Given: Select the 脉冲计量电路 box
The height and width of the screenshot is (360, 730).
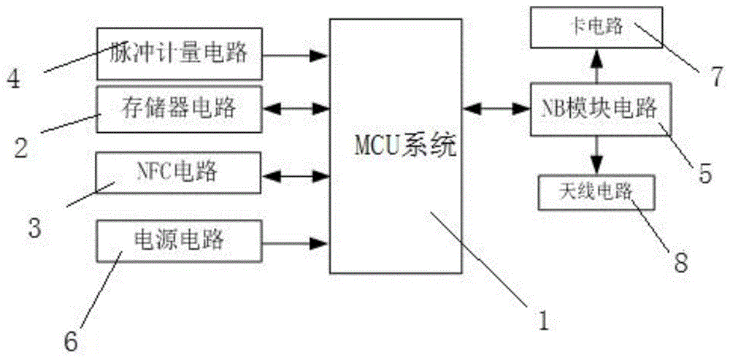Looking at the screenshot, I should pos(179,54).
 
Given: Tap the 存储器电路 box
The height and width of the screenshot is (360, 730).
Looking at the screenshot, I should pos(179,109).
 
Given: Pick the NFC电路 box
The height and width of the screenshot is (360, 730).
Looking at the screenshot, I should pos(179,173).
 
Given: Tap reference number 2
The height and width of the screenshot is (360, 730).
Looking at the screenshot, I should pos(22,148).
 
